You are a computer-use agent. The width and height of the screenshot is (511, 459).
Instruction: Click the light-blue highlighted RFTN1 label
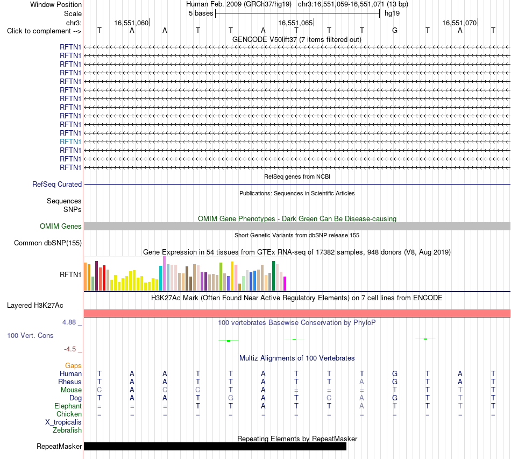(70, 142)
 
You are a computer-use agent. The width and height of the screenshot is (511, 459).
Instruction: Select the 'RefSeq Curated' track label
(57, 184)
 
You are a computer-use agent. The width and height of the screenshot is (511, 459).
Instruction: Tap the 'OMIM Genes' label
(61, 226)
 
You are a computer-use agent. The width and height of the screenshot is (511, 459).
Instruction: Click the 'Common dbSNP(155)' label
(48, 243)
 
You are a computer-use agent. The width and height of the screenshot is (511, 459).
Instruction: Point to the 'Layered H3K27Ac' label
(35, 306)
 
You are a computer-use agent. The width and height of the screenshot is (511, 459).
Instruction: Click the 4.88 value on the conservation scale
(69, 322)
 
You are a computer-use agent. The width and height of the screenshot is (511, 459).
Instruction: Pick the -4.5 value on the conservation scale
(70, 349)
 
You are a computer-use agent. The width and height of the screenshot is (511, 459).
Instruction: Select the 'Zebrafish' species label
(67, 430)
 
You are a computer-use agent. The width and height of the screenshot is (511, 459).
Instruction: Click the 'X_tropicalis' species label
(63, 422)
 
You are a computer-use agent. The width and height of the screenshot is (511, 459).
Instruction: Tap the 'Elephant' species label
(68, 406)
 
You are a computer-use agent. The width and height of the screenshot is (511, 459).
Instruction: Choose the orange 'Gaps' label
(73, 366)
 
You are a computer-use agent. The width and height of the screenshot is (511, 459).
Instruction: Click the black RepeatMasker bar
(215, 447)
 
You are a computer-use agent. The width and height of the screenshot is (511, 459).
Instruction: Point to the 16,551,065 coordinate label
(296, 23)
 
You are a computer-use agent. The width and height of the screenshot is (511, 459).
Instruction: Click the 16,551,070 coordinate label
(459, 23)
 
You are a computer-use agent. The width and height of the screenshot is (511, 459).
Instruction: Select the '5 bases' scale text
(201, 13)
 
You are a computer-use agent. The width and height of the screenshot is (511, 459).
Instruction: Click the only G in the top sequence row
(395, 31)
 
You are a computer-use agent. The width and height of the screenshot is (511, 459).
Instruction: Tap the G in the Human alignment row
(395, 373)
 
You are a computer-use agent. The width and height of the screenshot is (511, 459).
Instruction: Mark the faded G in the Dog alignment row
(231, 398)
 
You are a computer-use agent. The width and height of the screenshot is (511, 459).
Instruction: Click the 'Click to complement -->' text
(44, 31)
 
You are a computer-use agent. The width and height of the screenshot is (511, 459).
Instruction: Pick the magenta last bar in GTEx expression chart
(285, 284)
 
